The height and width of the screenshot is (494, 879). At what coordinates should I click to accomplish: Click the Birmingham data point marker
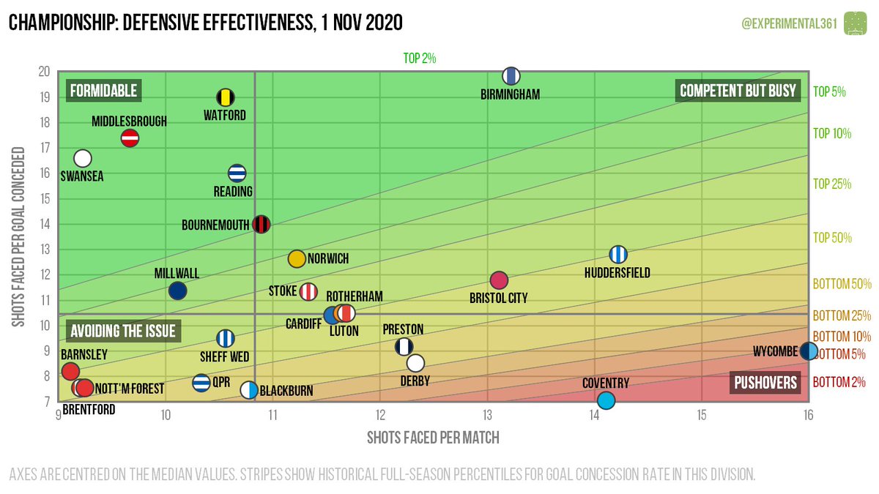click(511, 75)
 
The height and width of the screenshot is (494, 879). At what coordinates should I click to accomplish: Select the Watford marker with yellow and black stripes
click(226, 97)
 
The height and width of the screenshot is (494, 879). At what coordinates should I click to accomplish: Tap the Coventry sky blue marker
click(606, 400)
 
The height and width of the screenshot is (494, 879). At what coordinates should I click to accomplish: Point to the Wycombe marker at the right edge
click(808, 351)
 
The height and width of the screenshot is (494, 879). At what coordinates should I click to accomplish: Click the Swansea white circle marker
click(83, 158)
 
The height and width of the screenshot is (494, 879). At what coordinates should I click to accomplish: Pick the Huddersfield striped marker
click(618, 254)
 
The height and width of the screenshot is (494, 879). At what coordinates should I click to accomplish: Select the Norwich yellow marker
click(297, 258)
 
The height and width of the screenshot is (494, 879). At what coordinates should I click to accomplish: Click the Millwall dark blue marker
click(177, 291)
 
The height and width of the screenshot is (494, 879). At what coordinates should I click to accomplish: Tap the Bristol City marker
click(499, 280)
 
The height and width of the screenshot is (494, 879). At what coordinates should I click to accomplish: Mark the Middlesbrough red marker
click(130, 138)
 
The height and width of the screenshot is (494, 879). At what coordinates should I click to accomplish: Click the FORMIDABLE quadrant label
click(103, 91)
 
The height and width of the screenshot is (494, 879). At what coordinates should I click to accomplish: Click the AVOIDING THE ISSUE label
click(122, 332)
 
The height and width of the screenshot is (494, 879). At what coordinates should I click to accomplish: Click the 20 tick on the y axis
click(44, 72)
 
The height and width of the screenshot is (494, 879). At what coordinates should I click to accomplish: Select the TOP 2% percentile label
click(420, 59)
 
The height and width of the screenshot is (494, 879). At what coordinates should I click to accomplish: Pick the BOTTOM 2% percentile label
click(839, 381)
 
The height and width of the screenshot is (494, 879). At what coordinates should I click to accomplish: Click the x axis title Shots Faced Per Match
click(433, 438)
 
